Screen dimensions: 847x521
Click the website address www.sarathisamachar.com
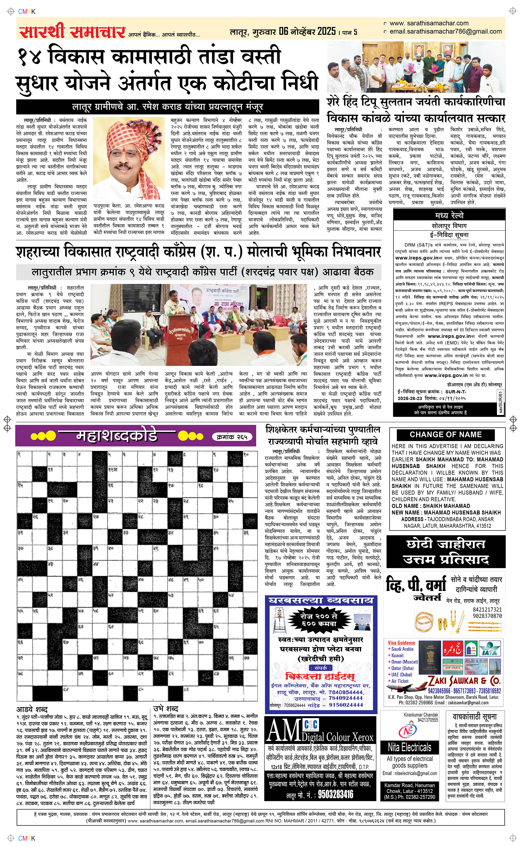tap(429, 23)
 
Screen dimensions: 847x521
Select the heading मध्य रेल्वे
tap(449, 215)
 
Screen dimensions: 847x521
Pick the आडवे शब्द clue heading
tap(32, 709)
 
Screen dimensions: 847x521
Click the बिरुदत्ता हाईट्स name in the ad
tap(320, 676)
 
